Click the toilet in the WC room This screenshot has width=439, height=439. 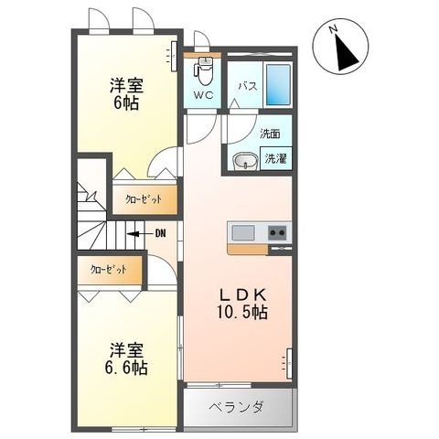click(x=205, y=71)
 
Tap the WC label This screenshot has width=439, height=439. click(x=204, y=95)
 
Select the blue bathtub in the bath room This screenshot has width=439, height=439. click(x=278, y=84)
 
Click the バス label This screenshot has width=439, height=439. click(x=248, y=87)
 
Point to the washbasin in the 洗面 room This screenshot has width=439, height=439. click(x=245, y=161)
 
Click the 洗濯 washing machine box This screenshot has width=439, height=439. click(x=275, y=158)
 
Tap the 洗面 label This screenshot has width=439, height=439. click(x=270, y=134)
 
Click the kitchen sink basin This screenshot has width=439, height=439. click(x=242, y=233)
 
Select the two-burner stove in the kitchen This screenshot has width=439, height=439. click(x=277, y=233)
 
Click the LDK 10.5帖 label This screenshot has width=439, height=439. click(x=242, y=304)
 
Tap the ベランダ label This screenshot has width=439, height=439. click(x=236, y=407)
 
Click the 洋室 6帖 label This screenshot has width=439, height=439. click(x=126, y=94)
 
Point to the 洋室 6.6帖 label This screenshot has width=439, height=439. click(x=126, y=359)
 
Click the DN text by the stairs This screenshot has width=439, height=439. click(x=160, y=234)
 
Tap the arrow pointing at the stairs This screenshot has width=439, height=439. click(x=140, y=234)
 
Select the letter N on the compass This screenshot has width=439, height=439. click(x=333, y=29)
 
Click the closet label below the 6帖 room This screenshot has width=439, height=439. click(x=144, y=199)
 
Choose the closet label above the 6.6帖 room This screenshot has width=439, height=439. click(x=108, y=270)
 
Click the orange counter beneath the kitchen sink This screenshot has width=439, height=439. click(x=248, y=249)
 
